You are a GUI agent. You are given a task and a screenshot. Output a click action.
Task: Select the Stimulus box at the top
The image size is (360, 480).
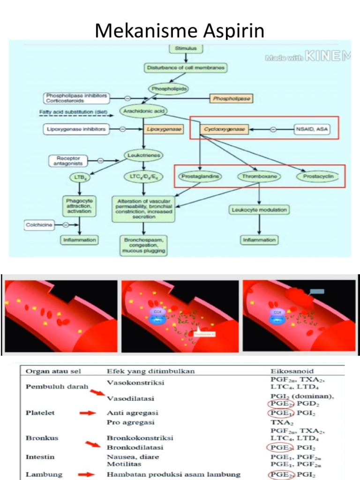(186, 48)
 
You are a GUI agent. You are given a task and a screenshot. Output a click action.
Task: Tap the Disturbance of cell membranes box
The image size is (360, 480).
(186, 68)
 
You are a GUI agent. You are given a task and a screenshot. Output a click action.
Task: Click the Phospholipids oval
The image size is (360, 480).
(168, 88)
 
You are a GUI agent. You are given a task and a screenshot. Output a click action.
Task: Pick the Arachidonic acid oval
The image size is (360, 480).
(143, 111)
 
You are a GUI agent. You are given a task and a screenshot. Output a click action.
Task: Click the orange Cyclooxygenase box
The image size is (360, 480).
(224, 129)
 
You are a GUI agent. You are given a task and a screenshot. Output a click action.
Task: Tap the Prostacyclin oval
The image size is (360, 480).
(318, 177)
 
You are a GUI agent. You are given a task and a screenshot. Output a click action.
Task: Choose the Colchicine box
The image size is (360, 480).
(40, 225)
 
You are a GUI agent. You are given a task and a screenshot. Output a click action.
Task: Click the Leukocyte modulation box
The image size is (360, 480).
(259, 210)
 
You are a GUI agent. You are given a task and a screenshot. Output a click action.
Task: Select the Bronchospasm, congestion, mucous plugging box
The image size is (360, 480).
(144, 245)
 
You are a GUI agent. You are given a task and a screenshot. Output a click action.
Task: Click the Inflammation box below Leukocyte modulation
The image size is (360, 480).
(259, 240)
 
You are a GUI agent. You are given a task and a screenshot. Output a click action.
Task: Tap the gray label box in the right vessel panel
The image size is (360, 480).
(317, 291)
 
